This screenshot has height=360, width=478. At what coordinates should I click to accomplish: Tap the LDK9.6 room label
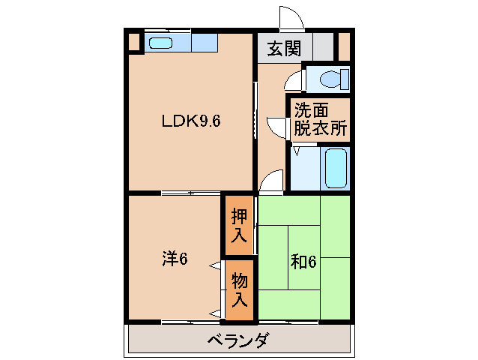tap(191, 120)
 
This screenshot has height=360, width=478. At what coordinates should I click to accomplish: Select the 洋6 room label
tap(174, 259)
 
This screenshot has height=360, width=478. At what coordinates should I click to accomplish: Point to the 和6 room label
tap(303, 262)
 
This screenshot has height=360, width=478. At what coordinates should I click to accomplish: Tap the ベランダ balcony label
tap(238, 341)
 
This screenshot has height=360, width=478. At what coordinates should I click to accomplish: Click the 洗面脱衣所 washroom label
tap(320, 118)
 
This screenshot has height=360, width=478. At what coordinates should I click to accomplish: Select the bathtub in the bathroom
tap(336, 168)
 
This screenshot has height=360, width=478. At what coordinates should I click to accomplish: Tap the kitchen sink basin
tap(160, 43)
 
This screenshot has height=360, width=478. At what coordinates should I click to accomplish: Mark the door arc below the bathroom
tap(272, 182)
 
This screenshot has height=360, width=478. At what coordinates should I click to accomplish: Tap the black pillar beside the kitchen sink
tap(133, 42)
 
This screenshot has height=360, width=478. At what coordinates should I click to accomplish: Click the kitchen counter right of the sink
tap(204, 43)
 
